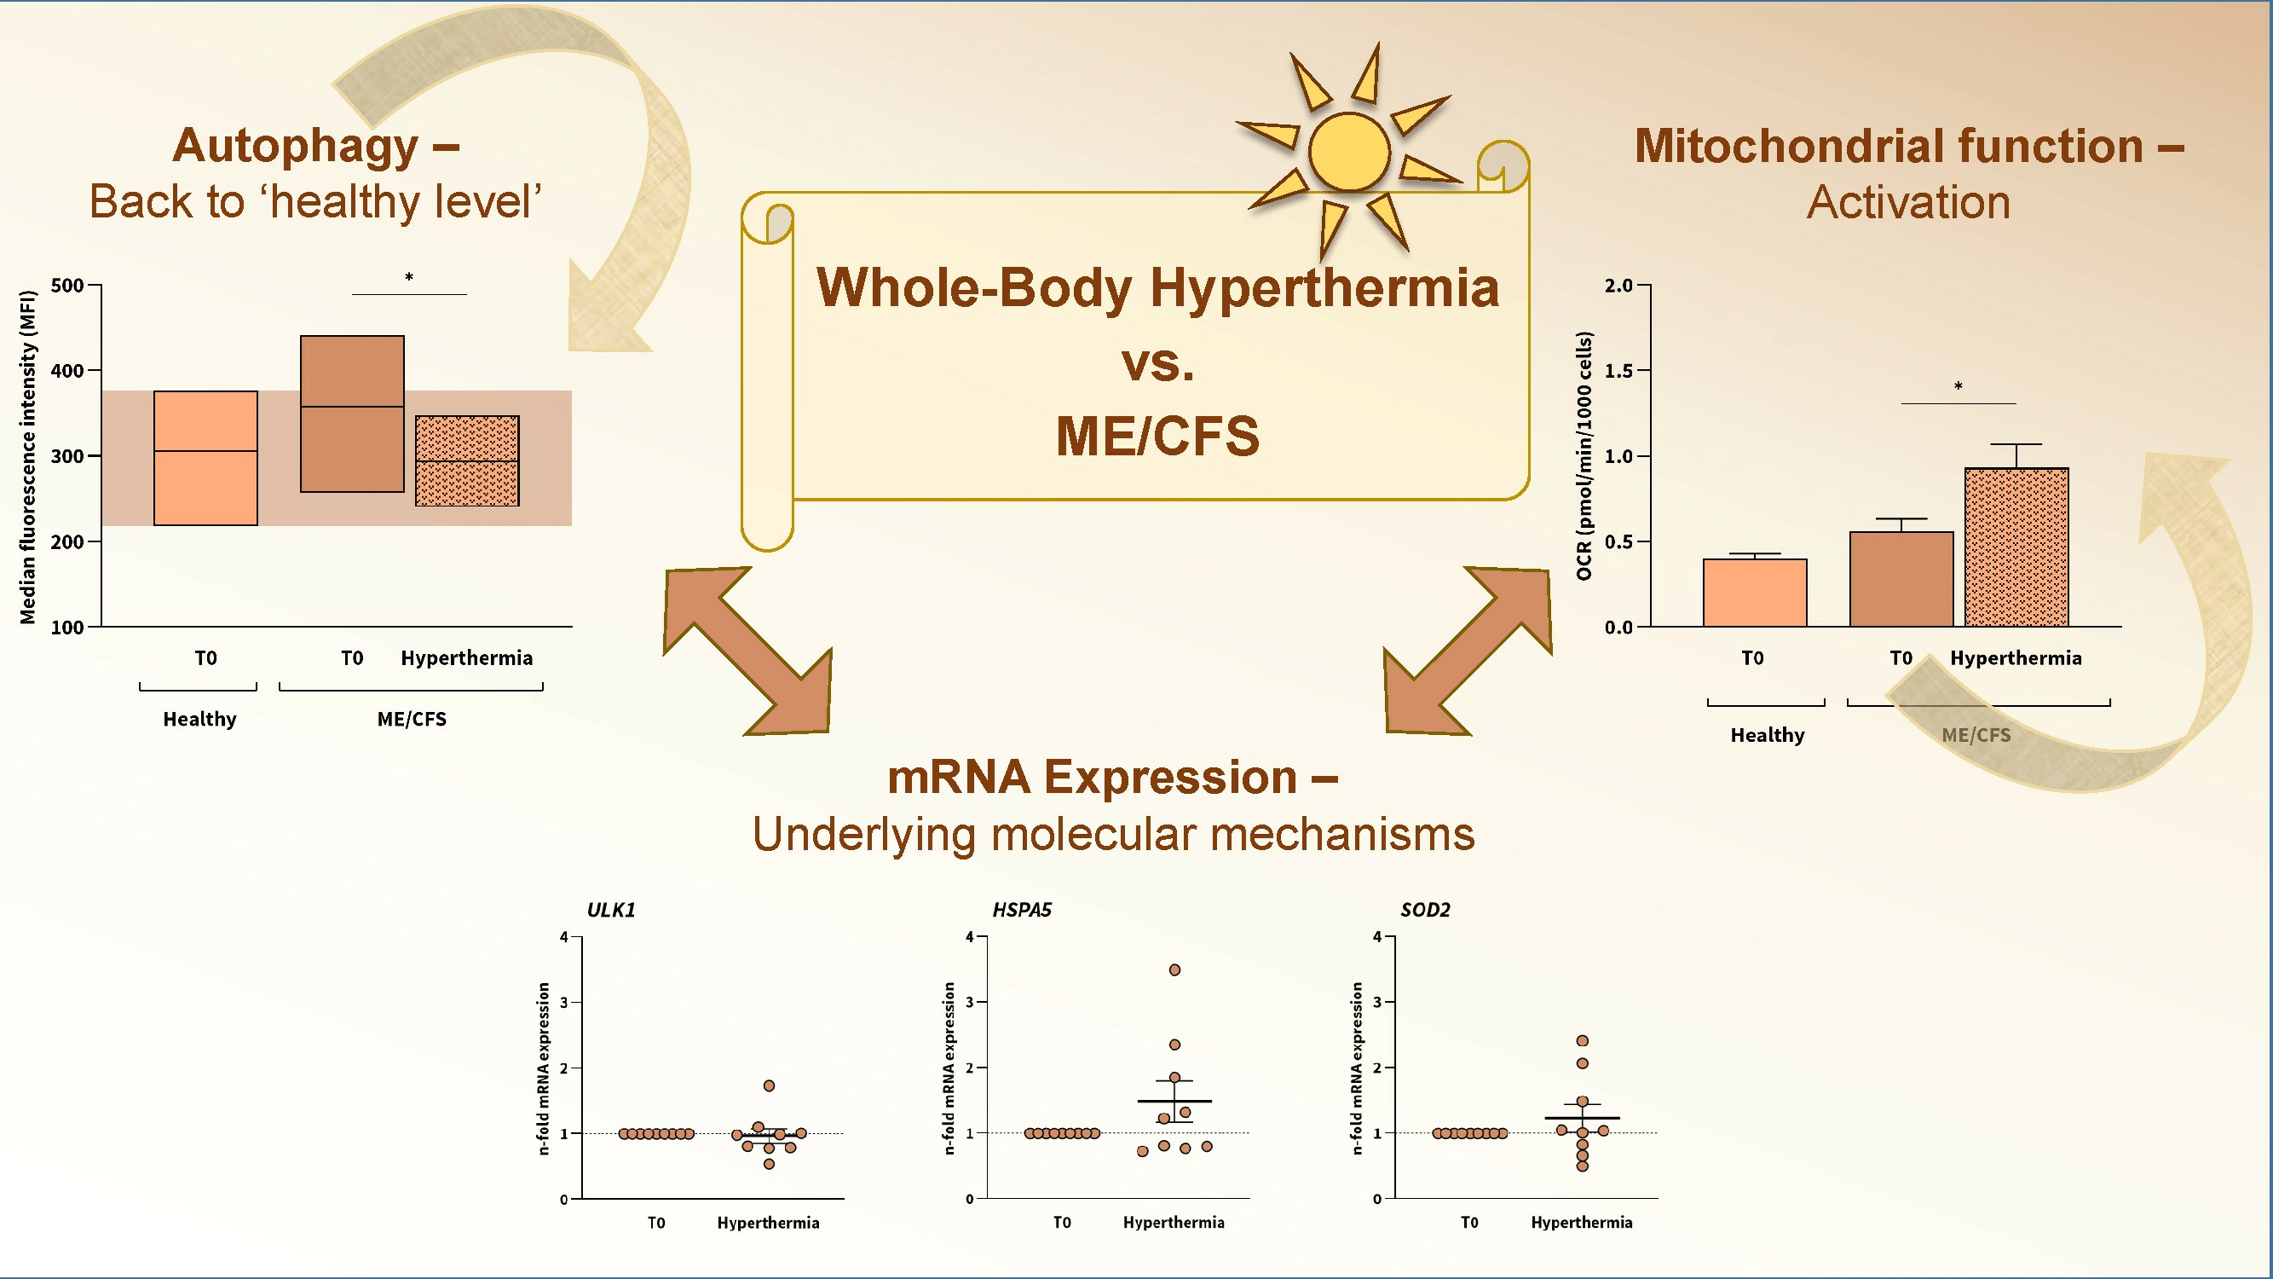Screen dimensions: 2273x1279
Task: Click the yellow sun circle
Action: [x=1349, y=152]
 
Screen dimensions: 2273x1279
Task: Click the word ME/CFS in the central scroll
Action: [x=1157, y=436]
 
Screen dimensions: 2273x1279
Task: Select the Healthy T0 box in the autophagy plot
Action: [x=205, y=458]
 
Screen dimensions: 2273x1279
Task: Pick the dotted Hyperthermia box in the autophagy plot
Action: [x=467, y=460]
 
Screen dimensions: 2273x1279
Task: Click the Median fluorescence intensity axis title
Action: [x=28, y=457]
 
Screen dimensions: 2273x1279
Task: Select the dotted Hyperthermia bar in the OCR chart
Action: [x=2016, y=547]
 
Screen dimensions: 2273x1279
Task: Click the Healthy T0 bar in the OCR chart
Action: [x=1755, y=593]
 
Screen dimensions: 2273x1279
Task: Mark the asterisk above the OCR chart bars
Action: [x=1958, y=386]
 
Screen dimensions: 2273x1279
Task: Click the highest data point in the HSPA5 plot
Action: [x=1174, y=970]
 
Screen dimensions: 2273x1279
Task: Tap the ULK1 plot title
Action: [x=611, y=910]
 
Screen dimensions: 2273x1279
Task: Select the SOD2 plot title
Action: [x=1425, y=910]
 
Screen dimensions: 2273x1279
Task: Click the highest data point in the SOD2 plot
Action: [x=1582, y=1040]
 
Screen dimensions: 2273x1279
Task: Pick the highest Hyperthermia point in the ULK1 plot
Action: [x=769, y=1085]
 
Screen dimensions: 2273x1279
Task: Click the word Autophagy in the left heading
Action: [x=295, y=147]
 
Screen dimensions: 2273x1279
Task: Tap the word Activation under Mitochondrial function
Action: [x=1908, y=202]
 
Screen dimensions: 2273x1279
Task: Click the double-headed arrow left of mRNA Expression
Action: [x=747, y=651]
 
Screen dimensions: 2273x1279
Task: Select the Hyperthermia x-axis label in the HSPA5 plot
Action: [x=1174, y=1223]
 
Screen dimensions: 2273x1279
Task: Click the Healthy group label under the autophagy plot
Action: [x=199, y=720]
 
